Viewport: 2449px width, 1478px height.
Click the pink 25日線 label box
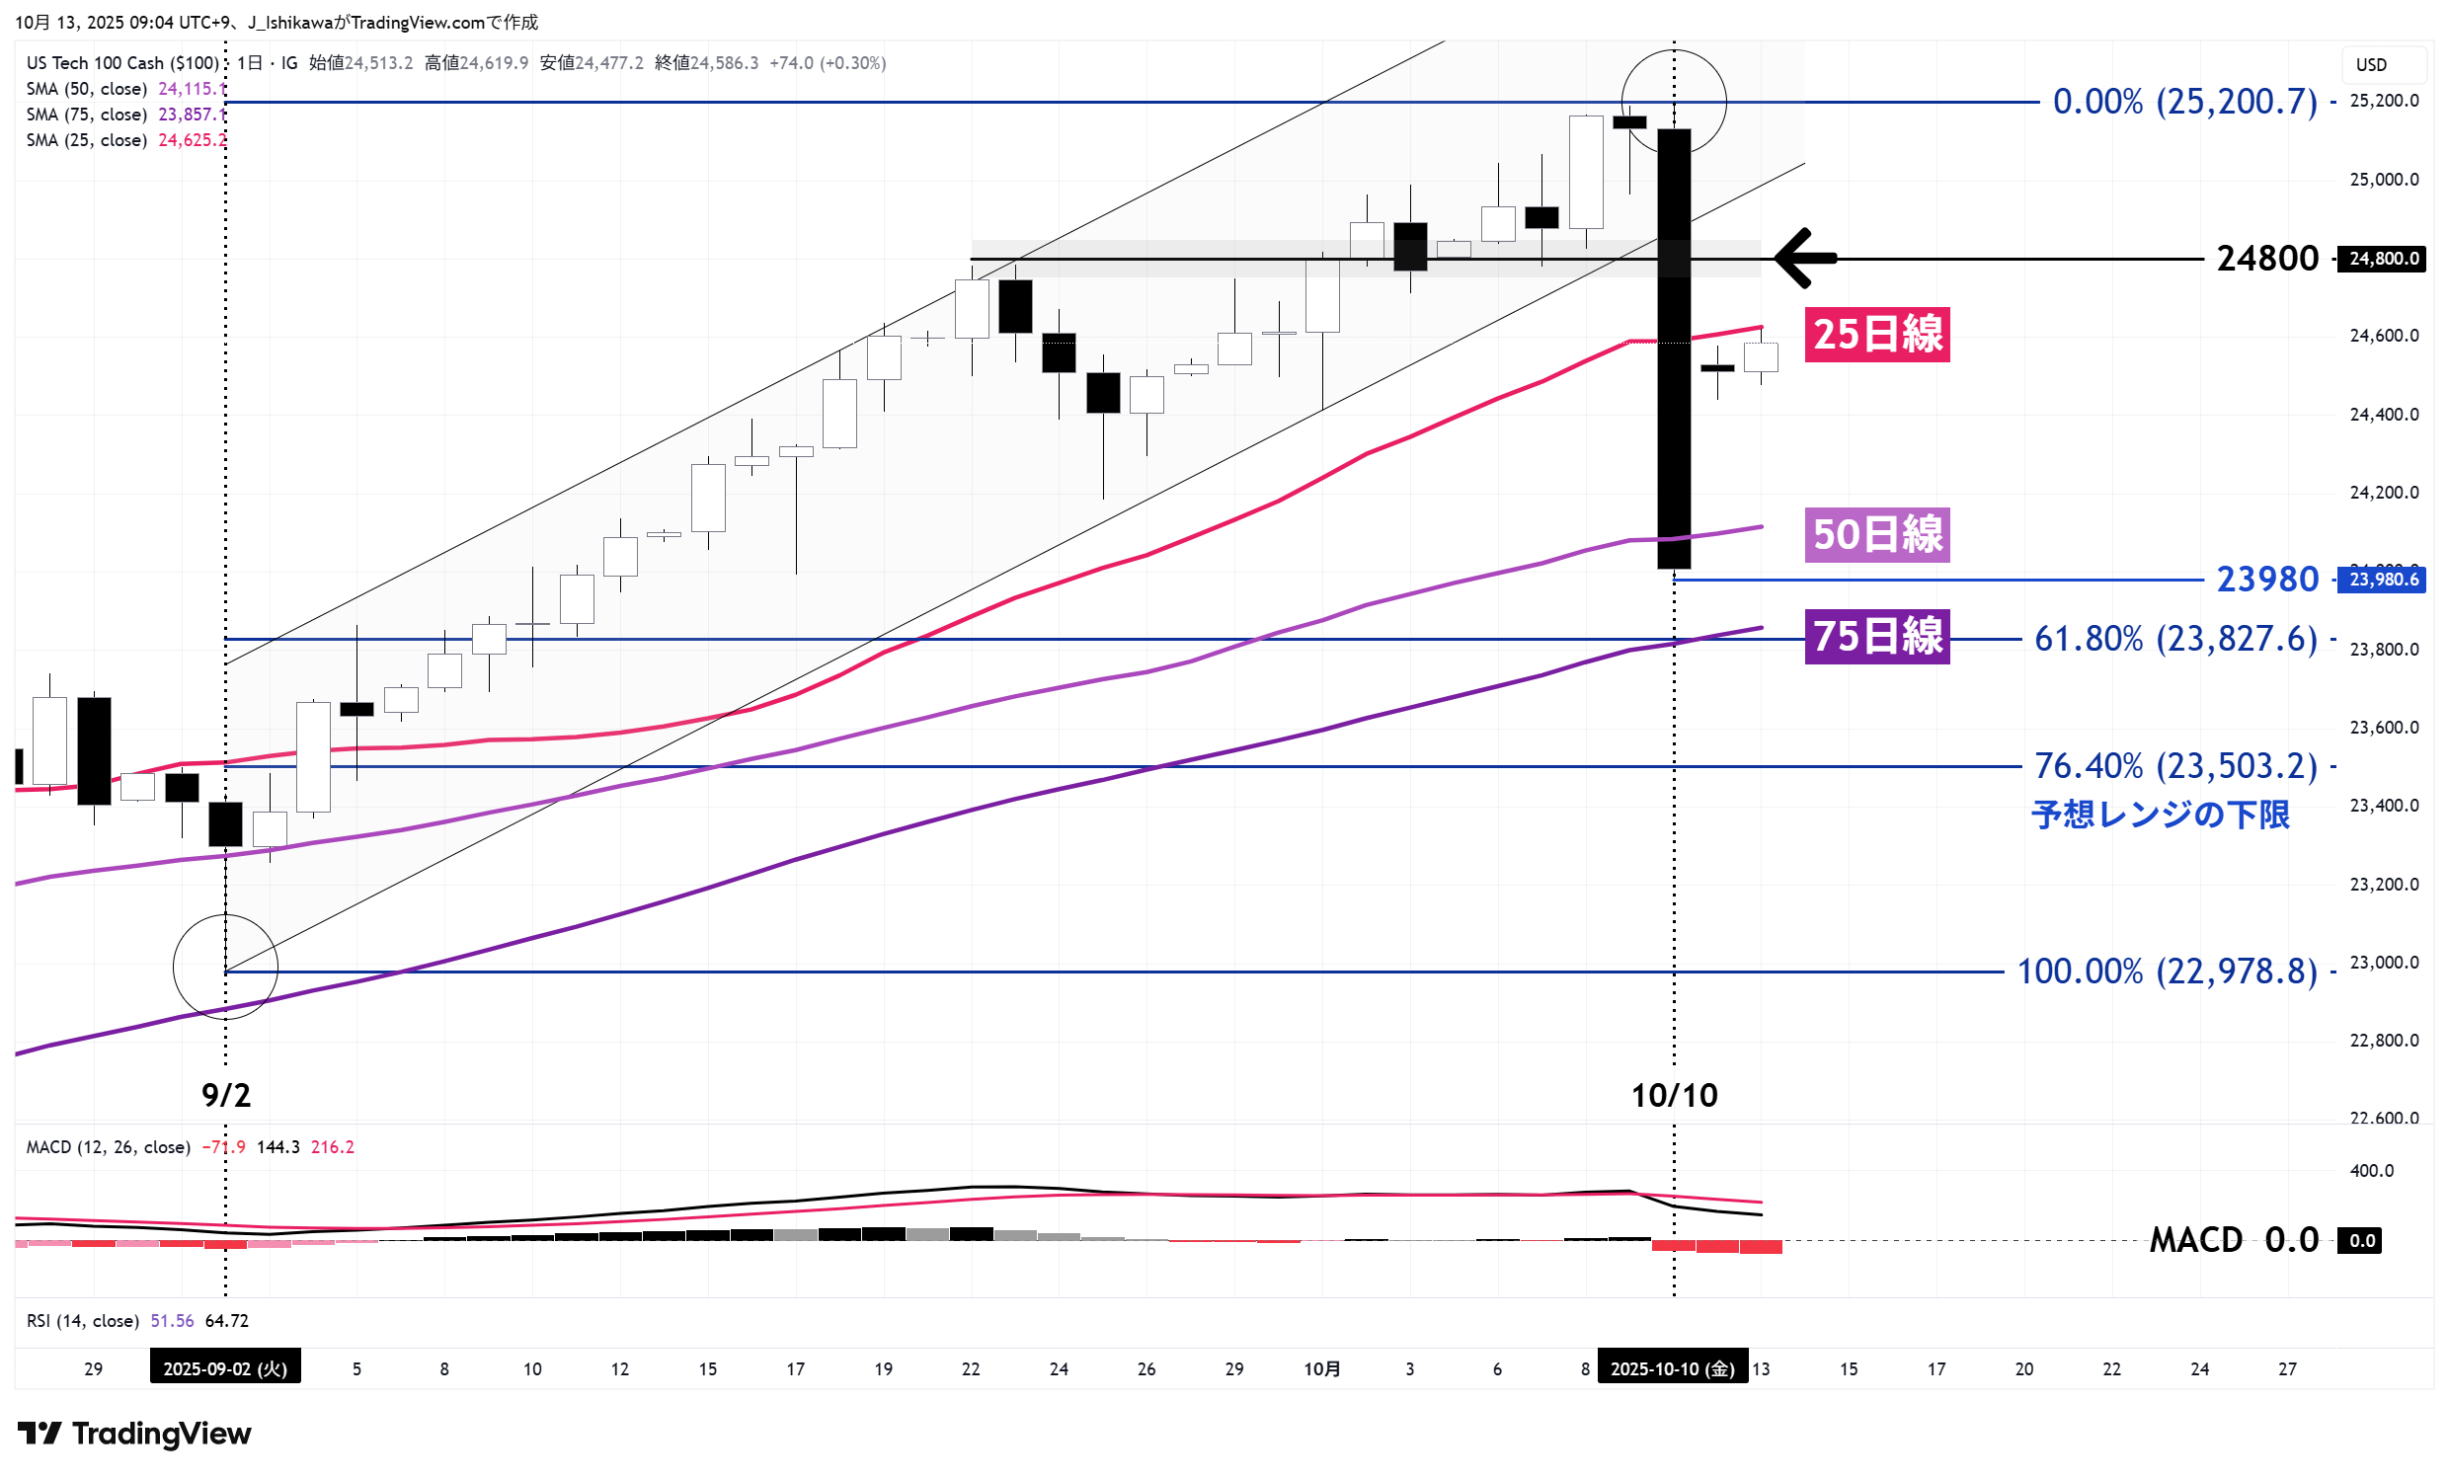coord(1876,334)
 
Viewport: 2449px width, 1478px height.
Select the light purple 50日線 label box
coord(1876,535)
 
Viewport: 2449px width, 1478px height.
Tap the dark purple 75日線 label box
coord(1876,636)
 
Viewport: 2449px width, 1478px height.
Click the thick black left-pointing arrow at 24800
coord(1804,259)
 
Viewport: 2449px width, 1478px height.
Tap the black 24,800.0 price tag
coord(2383,259)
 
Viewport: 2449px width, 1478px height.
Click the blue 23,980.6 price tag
coord(2383,580)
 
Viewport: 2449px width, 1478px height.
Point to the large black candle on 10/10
coord(1675,348)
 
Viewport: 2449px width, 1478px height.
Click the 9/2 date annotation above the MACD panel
coord(225,1095)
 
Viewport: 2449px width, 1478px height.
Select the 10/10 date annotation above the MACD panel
coord(1674,1095)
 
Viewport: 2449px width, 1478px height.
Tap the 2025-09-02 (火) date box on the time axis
coord(224,1368)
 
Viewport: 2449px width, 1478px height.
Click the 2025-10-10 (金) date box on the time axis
coord(1672,1368)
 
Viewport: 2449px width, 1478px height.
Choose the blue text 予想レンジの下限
coord(2160,816)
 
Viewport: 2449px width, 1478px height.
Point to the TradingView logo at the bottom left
coord(134,1434)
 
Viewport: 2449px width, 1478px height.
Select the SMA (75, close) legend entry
coord(87,115)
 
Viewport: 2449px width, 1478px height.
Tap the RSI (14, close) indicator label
coord(83,1320)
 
